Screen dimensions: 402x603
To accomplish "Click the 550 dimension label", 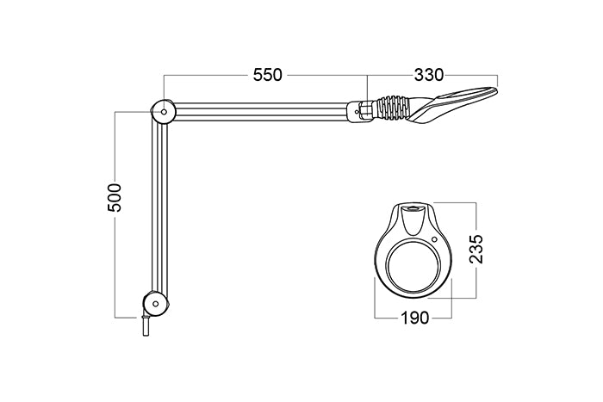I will pos(267,75).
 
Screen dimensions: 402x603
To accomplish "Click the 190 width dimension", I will pos(414,319).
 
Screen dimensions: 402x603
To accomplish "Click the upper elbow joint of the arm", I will pos(163,111).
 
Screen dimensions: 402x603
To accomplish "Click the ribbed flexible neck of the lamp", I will pos(395,109).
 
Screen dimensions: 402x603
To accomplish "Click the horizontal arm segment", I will pos(258,111).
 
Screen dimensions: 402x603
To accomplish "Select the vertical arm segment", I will pos(159,207).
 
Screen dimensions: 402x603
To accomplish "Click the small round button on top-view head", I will pos(435,240).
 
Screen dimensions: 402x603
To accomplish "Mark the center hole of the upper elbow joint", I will pos(163,111).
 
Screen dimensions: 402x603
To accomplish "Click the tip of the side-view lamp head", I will pos(495,87).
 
